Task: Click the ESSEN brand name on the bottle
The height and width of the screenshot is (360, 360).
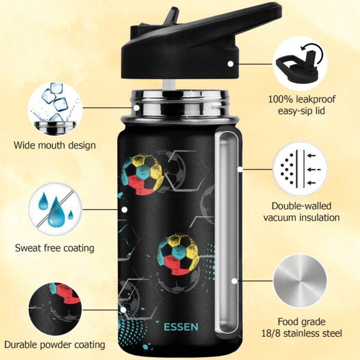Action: [181, 327]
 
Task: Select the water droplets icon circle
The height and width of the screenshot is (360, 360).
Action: [53, 209]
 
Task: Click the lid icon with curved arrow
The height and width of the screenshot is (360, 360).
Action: [300, 63]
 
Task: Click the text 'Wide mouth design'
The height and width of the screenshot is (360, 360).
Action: [55, 145]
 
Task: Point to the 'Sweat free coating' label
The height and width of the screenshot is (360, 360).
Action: [55, 248]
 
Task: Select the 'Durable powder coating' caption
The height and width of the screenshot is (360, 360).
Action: [55, 345]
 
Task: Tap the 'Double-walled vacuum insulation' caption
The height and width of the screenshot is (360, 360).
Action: [301, 211]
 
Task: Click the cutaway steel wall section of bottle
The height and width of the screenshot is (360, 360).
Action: [227, 231]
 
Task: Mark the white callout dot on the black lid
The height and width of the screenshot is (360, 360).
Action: [231, 64]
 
